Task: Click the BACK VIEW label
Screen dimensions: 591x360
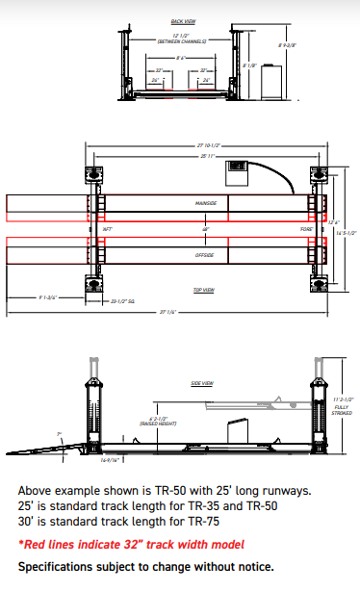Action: point(182,20)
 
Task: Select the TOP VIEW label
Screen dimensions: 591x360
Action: point(202,288)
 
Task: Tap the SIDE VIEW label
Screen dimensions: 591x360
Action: point(202,383)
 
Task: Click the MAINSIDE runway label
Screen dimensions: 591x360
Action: point(205,203)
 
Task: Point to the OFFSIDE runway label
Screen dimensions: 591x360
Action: point(205,255)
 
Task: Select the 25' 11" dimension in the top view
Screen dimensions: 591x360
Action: point(203,155)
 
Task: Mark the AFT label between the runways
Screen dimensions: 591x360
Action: point(107,229)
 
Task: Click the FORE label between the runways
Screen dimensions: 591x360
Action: point(306,229)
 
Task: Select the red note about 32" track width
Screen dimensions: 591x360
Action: point(131,545)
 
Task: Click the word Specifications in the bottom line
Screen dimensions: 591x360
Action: point(54,566)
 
